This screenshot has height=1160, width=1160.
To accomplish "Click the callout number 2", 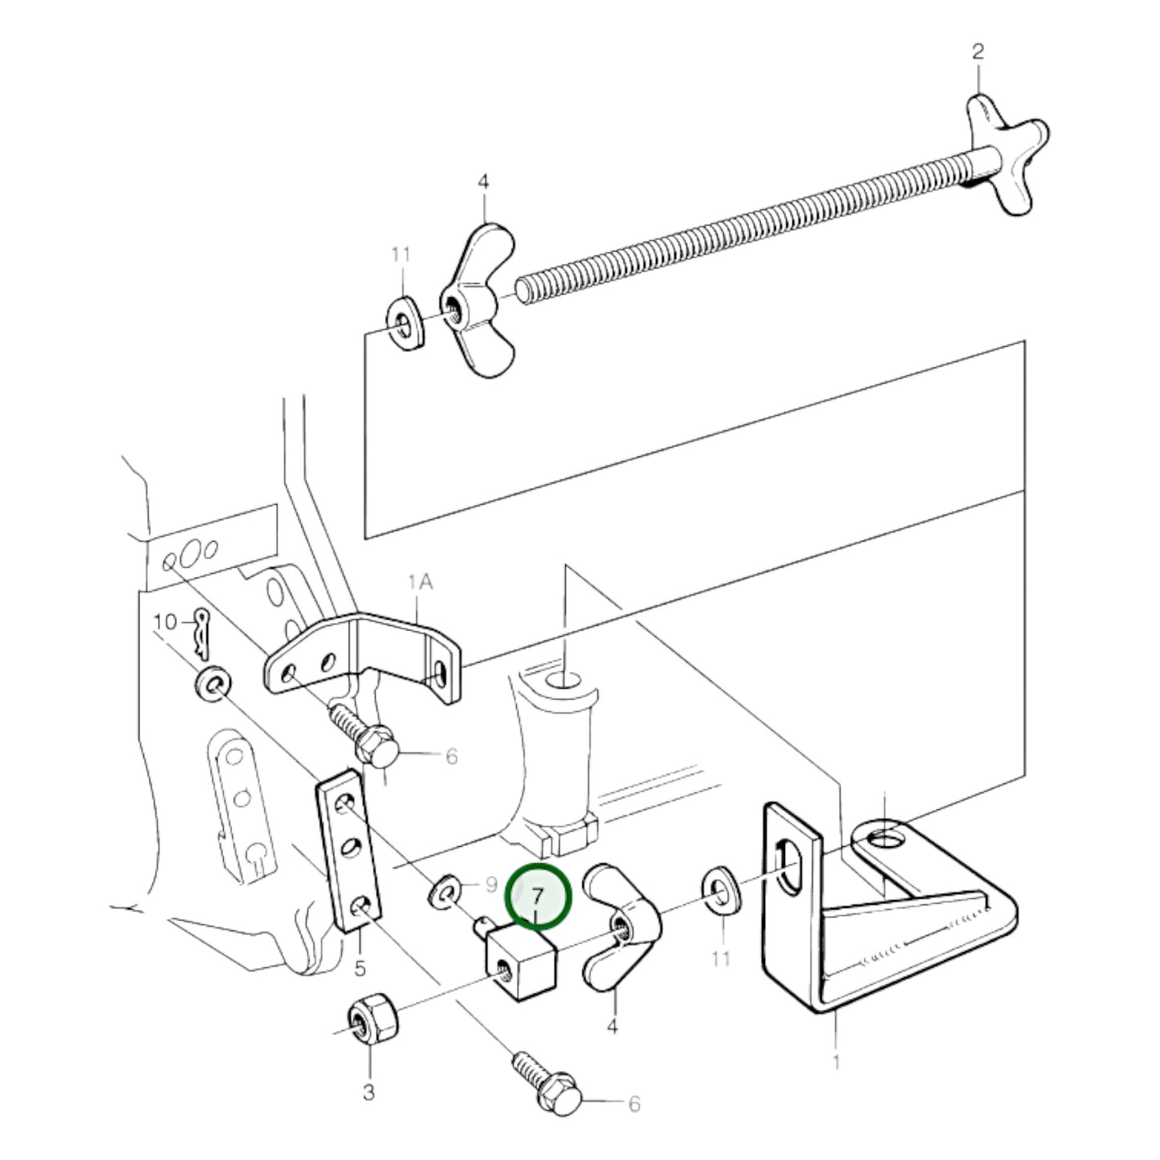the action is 978,51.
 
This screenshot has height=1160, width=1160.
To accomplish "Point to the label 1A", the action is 421,582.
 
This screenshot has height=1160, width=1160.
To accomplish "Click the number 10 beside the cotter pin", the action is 165,621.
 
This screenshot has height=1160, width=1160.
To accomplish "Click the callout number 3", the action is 369,1092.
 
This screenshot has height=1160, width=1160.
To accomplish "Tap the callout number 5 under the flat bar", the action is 360,969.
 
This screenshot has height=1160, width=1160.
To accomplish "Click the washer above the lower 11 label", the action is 722,896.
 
